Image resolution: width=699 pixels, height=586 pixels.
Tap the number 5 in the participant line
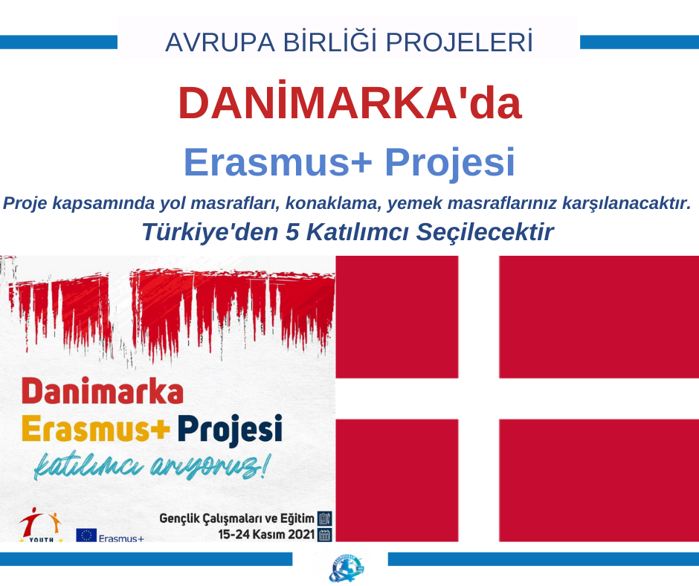[292, 232]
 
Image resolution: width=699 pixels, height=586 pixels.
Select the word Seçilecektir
[485, 232]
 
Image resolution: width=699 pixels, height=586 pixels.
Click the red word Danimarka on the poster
[103, 391]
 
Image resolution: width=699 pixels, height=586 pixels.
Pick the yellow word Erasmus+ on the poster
[95, 428]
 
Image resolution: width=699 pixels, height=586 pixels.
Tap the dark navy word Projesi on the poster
[230, 430]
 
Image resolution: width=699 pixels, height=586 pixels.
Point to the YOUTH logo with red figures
[41, 524]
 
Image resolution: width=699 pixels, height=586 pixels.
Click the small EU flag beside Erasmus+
[86, 535]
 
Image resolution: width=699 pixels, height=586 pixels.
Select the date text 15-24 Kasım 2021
[266, 534]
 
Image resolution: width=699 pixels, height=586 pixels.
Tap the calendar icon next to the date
[325, 535]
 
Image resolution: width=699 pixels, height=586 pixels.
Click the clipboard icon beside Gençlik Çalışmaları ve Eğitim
[325, 518]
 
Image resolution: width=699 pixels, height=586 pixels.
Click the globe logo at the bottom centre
[347, 569]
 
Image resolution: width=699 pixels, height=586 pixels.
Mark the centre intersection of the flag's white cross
[478, 399]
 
